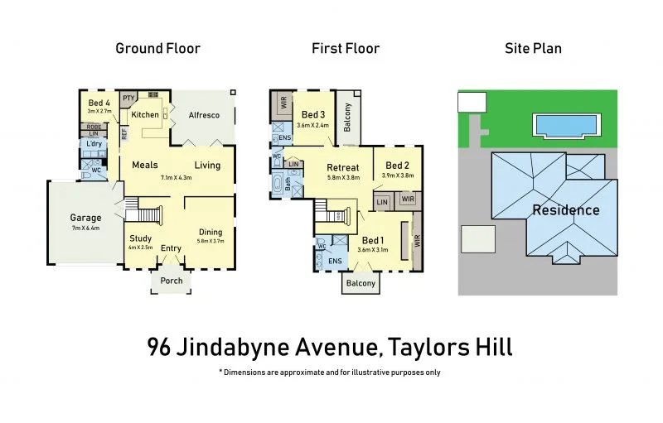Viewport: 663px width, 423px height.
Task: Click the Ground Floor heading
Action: [157, 48]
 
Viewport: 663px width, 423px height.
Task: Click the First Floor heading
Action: [346, 48]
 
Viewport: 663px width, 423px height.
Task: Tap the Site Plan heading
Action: [533, 48]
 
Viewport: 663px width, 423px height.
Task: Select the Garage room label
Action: [85, 219]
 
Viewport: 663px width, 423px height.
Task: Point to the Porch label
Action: [172, 280]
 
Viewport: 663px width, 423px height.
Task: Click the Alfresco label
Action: [203, 115]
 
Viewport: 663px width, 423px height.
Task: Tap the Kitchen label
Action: [145, 115]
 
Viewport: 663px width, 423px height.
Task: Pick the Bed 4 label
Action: [99, 102]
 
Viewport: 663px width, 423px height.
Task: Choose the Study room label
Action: [140, 238]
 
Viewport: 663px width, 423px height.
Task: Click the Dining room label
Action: [211, 232]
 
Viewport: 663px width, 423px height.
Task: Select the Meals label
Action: [144, 165]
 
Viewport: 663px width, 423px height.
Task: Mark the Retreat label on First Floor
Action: [343, 168]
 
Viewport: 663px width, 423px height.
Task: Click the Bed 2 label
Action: [398, 166]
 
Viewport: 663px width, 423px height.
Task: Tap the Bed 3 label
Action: [314, 115]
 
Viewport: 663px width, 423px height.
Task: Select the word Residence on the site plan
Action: [565, 210]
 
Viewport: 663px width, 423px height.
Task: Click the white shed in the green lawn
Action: [472, 103]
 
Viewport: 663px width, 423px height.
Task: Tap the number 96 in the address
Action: [162, 346]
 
